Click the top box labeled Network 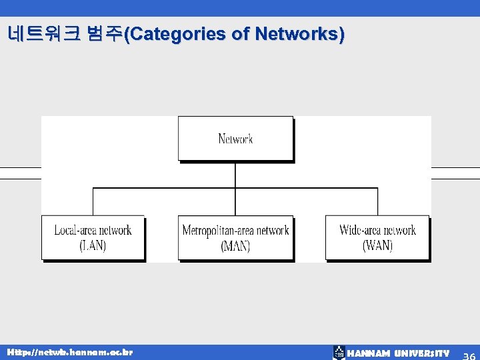tap(235, 139)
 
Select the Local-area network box tap(93, 237)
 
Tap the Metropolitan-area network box tap(235, 237)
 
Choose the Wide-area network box tap(377, 237)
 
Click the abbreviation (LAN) tap(93, 245)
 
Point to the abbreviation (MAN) tap(235, 245)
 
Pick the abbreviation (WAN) tap(377, 245)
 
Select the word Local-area tap(75, 231)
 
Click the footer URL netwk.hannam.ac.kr tap(70, 352)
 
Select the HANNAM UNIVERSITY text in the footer tap(399, 353)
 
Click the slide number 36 tap(469, 354)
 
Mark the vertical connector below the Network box tap(235, 175)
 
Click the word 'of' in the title tap(240, 35)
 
